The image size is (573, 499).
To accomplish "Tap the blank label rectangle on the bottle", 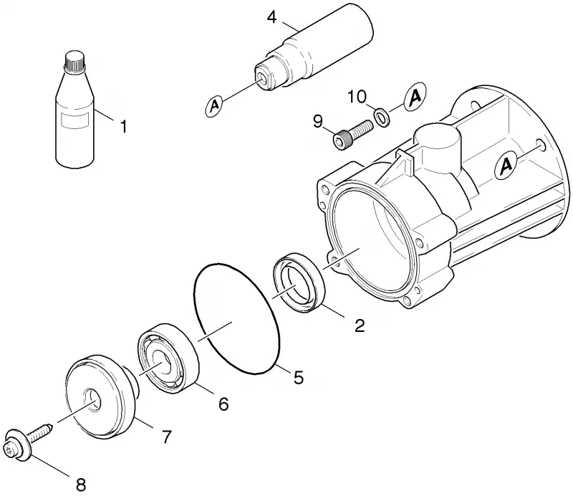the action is pos(75,120).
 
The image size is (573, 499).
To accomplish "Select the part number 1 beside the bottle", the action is pos(123,127).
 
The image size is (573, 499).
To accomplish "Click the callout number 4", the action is pos(272,16).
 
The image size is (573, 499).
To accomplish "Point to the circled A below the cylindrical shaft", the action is pos(215,105).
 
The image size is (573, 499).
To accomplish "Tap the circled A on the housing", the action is pos(506,166).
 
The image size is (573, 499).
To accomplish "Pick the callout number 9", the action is pos(318,121).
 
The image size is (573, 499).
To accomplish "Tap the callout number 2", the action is pos(360,325).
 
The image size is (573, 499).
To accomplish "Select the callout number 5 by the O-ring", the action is pos(299,377).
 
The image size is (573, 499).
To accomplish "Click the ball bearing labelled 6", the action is pos(168,358).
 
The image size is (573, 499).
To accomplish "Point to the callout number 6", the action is pos(223,404).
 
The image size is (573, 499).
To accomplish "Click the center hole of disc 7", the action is pos(92,399).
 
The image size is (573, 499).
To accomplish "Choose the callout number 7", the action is pos(167,437).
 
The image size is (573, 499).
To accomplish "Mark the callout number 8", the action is pos(81,485).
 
